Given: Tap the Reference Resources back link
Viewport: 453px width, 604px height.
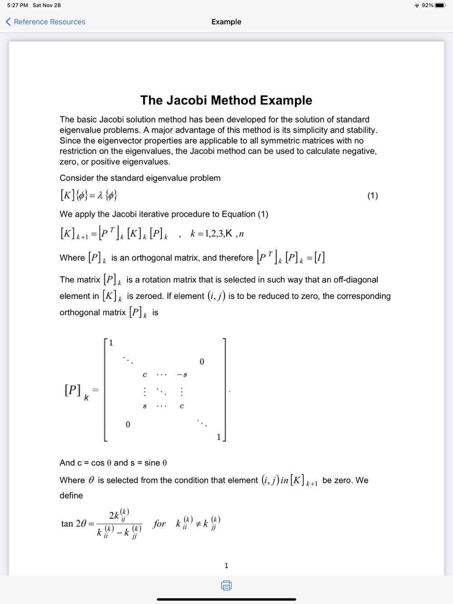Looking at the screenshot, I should (x=45, y=22).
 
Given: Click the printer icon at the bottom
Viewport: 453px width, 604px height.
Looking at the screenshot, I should (x=226, y=585).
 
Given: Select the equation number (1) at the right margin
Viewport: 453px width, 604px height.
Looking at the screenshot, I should (x=372, y=196).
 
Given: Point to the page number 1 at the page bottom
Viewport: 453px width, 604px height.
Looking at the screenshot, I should (x=226, y=566).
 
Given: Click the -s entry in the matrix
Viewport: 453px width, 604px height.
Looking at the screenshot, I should (x=182, y=374).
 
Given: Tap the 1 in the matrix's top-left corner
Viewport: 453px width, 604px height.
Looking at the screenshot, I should (x=111, y=343).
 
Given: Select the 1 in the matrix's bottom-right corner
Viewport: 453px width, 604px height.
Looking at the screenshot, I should (x=219, y=436).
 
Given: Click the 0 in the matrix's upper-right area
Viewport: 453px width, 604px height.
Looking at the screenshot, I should (x=202, y=361).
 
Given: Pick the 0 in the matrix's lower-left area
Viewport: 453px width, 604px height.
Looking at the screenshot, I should (x=128, y=424).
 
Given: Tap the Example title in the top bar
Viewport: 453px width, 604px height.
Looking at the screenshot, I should (x=226, y=22).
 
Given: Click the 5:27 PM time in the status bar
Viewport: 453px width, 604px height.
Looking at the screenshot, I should (x=18, y=5).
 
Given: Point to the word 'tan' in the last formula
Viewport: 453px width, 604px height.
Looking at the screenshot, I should (x=67, y=524).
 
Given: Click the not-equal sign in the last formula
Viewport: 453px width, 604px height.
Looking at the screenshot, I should (x=198, y=524).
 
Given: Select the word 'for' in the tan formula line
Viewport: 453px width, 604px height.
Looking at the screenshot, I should (x=159, y=524).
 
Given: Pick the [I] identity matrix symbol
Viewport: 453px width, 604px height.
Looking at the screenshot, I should (x=319, y=258).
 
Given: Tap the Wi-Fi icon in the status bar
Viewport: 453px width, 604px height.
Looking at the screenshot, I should (x=417, y=5).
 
